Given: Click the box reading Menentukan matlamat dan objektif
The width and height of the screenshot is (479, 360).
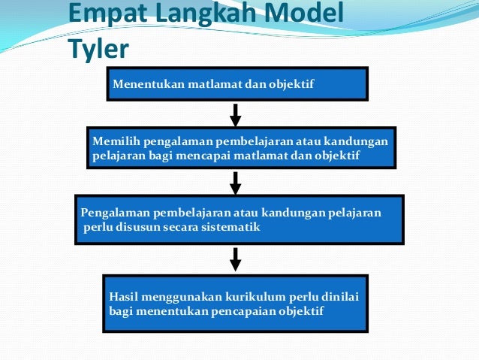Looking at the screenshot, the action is click(x=236, y=83).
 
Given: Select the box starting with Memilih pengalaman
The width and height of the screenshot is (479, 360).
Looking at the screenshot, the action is click(x=240, y=147).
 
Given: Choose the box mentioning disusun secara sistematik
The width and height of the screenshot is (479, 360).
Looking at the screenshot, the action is click(x=239, y=219).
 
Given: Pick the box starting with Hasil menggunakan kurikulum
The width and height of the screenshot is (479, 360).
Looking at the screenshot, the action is click(x=235, y=303).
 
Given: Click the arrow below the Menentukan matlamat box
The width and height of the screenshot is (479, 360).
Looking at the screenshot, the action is click(x=235, y=115).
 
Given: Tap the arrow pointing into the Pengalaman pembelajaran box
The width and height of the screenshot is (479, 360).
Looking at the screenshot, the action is click(x=235, y=183).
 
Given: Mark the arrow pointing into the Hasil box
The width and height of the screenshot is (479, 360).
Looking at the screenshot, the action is click(x=235, y=259).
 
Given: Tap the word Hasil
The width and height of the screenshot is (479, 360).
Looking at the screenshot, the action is click(x=122, y=296).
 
